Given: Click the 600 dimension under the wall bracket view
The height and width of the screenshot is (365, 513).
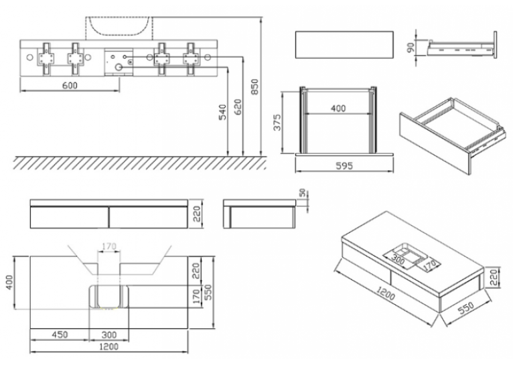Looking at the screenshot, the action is (70, 85).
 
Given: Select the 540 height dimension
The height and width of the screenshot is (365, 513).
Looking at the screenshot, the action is (222, 112).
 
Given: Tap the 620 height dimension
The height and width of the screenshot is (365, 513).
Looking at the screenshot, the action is (238, 106).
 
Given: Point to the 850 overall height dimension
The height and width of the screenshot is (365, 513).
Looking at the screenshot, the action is (254, 86).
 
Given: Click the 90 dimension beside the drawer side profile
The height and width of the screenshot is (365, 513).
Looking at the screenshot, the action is (411, 48).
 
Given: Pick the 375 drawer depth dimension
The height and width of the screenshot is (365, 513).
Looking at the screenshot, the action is (277, 123).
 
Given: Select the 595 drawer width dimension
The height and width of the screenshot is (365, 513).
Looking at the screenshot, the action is (344, 166).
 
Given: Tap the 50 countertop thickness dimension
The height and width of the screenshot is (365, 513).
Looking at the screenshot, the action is (303, 193).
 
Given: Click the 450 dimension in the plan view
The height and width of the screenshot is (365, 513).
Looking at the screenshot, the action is (60, 335).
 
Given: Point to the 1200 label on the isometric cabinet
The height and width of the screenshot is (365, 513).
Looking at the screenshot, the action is (386, 293).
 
